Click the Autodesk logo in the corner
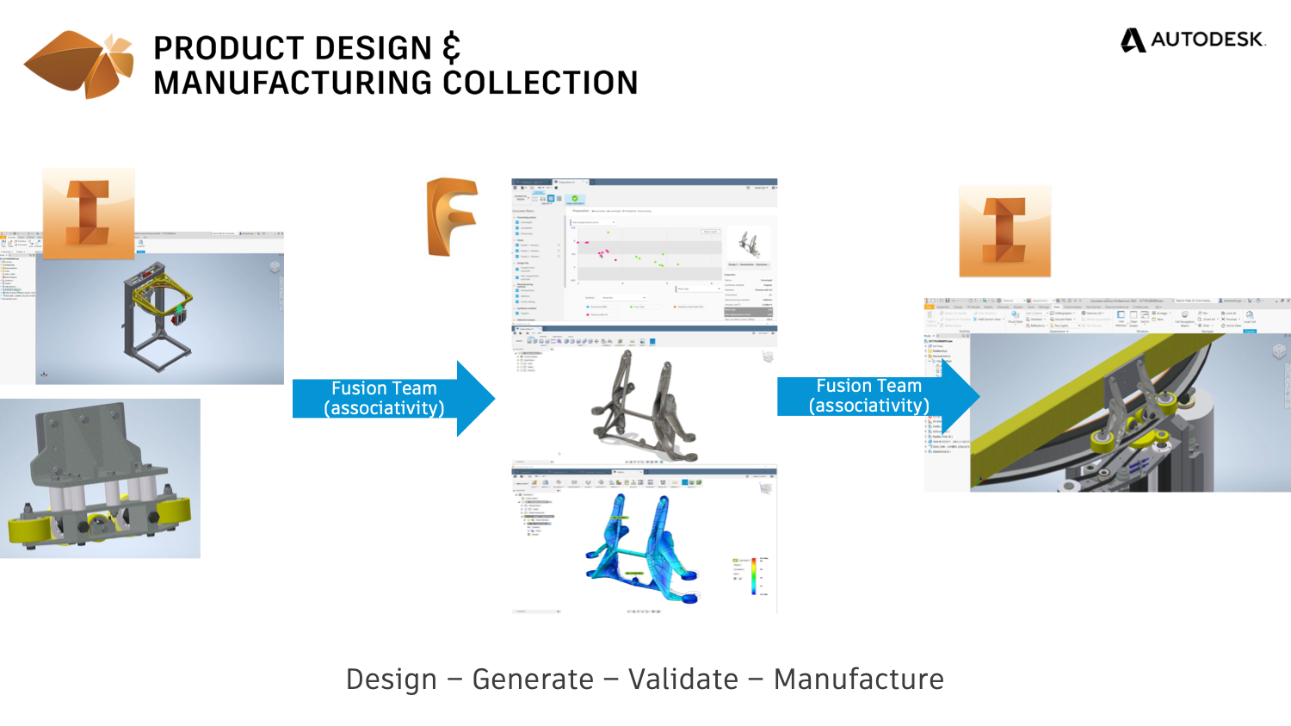[1193, 40]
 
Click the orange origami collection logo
[79, 65]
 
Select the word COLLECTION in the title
[540, 84]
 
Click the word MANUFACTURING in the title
[293, 84]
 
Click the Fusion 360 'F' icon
[452, 216]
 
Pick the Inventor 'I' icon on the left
[89, 213]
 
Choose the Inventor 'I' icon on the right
[1004, 231]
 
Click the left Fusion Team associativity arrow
[392, 399]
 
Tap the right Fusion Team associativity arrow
[876, 396]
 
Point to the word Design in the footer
[392, 679]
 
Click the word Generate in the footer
[533, 679]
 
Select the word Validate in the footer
[683, 679]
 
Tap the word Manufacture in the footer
[858, 679]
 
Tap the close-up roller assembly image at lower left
[100, 478]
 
